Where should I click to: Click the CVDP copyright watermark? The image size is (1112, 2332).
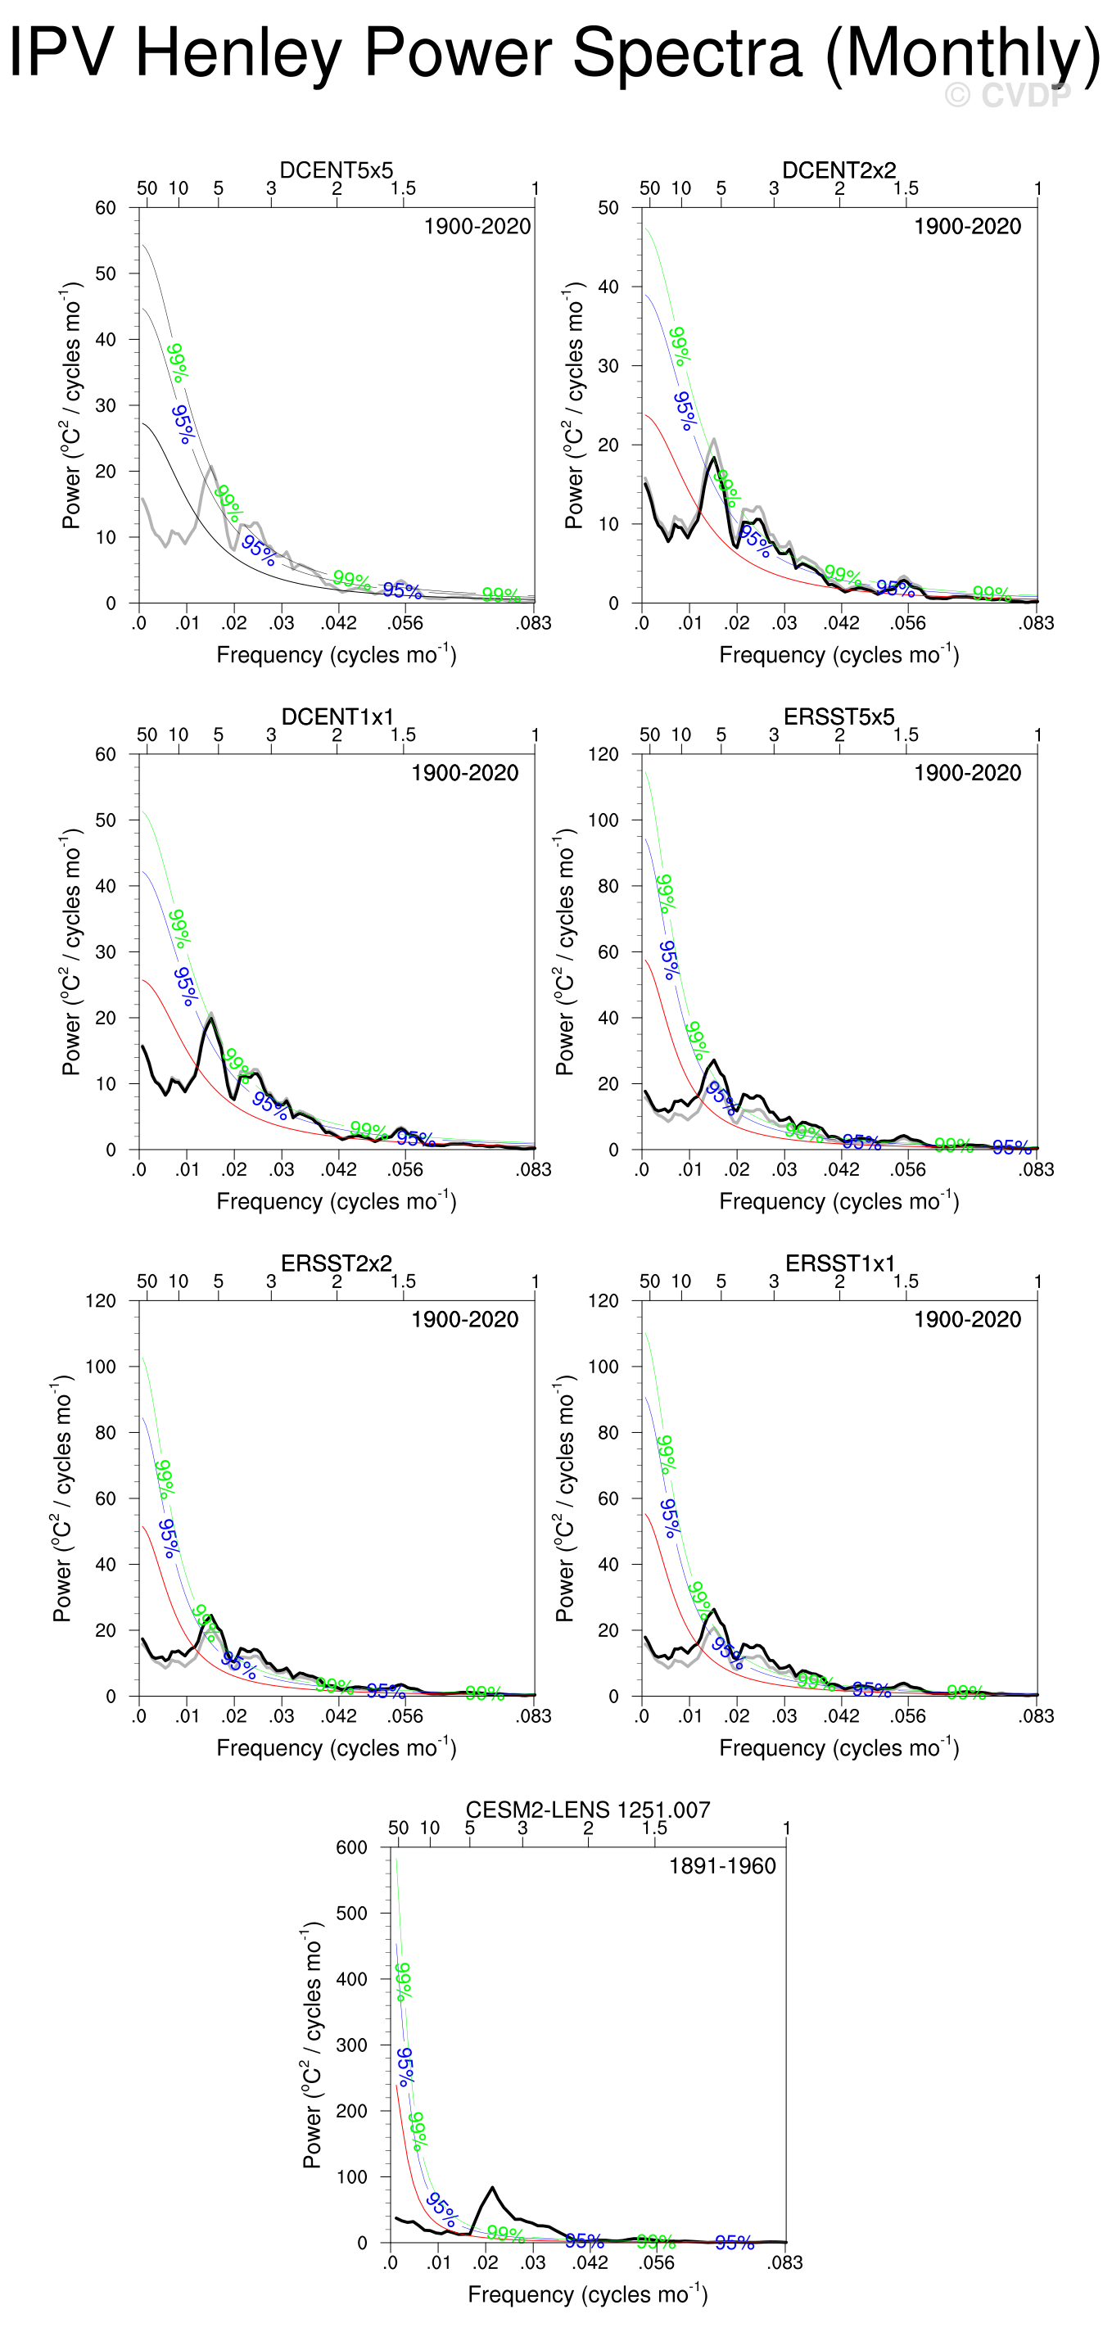[x=1008, y=94]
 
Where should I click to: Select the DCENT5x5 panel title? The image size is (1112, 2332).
[x=336, y=170]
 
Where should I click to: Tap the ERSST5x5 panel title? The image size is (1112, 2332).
[x=839, y=717]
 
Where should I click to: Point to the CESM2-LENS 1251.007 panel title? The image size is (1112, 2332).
[x=588, y=1810]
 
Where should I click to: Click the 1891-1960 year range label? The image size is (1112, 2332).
[x=722, y=1866]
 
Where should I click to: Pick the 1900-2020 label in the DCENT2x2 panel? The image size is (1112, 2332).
[x=967, y=226]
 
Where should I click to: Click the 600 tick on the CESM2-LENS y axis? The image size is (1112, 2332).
[x=351, y=1848]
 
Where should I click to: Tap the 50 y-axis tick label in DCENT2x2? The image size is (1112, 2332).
[x=608, y=208]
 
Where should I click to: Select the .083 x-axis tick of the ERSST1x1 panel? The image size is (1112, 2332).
[x=1037, y=1715]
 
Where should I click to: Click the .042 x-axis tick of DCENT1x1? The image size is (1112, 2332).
[x=339, y=1169]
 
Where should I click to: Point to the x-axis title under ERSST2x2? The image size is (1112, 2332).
[x=336, y=1747]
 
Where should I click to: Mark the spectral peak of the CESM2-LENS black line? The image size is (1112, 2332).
[x=491, y=2187]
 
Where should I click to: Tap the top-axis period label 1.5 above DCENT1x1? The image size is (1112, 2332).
[x=403, y=735]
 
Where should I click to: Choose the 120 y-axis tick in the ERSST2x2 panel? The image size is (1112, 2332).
[x=101, y=1301]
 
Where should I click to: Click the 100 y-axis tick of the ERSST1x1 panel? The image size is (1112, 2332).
[x=603, y=1367]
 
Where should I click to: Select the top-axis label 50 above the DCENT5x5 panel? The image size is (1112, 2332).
[x=147, y=188]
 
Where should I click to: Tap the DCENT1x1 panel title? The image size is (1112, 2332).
[x=337, y=717]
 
